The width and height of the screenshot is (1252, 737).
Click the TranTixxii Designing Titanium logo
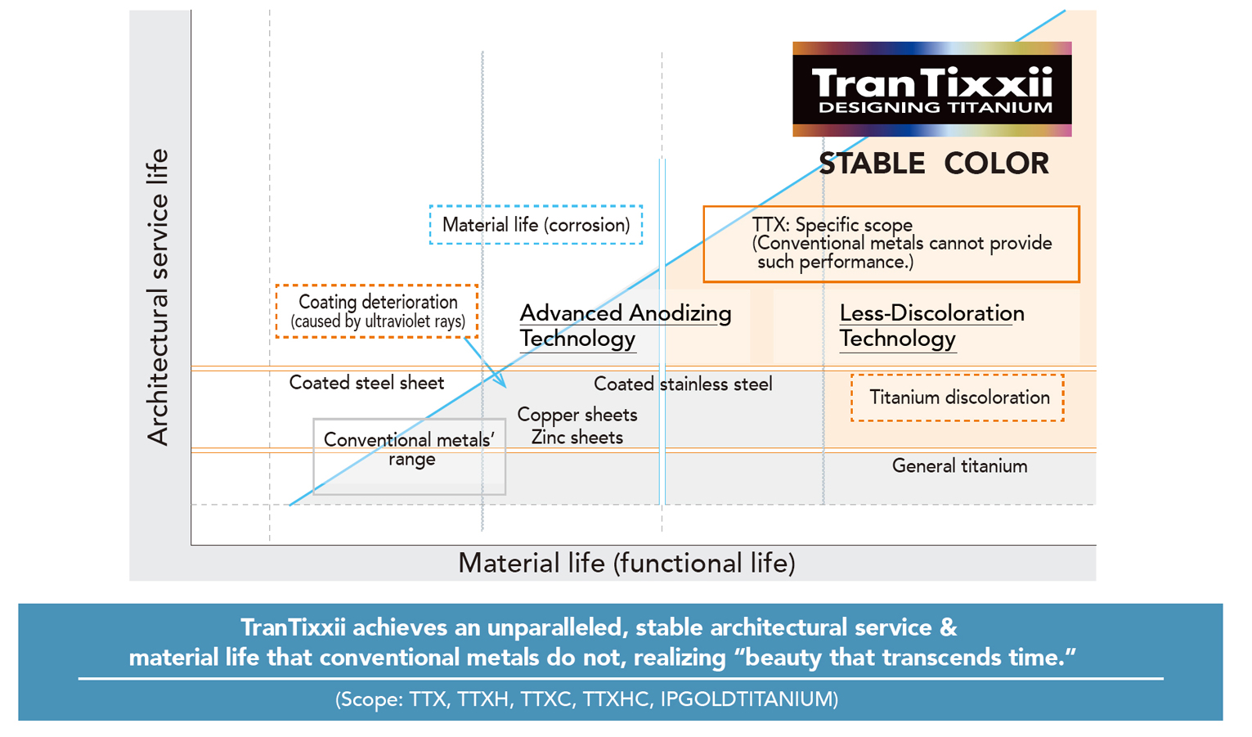[931, 89]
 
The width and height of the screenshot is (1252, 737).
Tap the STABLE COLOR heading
[934, 164]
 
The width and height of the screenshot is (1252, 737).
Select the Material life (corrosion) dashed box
[536, 225]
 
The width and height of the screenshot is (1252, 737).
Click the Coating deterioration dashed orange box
[377, 311]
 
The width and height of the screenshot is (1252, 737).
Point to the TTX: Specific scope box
[891, 244]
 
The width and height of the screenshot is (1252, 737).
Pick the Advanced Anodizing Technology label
[625, 326]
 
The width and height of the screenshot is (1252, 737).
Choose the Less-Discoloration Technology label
[931, 326]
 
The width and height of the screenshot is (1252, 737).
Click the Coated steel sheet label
[366, 383]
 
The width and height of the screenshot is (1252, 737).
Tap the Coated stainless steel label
[683, 384]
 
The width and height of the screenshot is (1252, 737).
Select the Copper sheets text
[577, 415]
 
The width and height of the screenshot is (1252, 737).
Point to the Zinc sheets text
[577, 438]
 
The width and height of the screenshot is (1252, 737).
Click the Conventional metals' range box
[409, 456]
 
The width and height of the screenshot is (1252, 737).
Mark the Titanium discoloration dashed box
[958, 398]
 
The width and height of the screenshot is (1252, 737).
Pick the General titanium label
[959, 466]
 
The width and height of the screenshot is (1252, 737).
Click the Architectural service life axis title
[157, 296]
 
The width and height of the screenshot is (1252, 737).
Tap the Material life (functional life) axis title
[626, 563]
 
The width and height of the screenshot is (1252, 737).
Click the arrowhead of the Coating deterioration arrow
[502, 383]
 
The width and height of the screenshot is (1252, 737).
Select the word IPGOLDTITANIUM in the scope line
[748, 699]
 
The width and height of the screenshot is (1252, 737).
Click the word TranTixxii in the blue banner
[293, 627]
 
